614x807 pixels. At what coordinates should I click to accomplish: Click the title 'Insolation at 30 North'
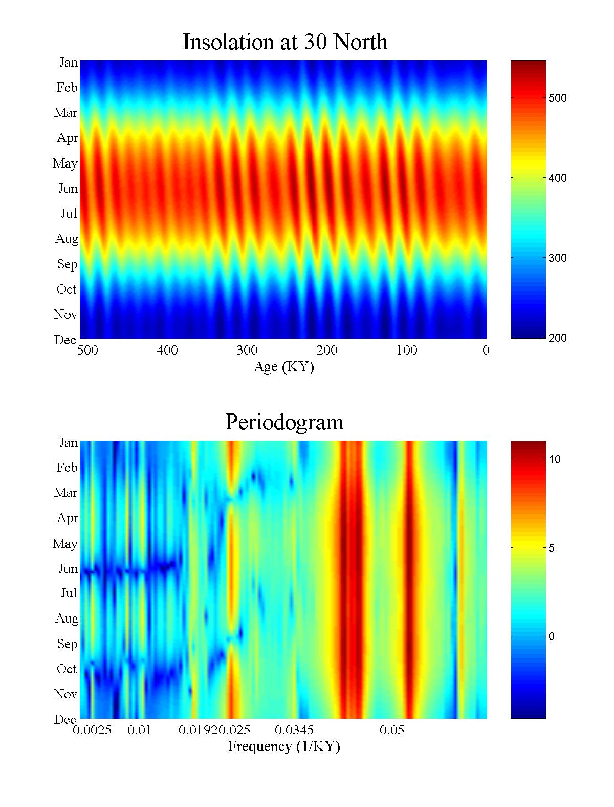[x=284, y=42]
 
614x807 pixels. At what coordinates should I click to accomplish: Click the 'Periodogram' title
[x=284, y=422]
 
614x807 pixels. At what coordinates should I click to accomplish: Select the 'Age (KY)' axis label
[x=283, y=367]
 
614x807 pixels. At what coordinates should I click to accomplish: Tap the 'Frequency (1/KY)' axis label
[x=283, y=747]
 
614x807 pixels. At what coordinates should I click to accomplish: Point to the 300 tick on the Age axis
[x=247, y=350]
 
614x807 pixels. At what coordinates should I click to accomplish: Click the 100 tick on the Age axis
[x=407, y=350]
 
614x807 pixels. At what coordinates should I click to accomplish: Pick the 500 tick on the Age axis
[x=87, y=350]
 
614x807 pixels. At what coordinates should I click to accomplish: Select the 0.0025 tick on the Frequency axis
[x=92, y=730]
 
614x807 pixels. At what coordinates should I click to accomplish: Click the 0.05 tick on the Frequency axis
[x=392, y=730]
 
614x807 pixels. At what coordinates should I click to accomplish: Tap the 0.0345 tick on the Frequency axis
[x=294, y=730]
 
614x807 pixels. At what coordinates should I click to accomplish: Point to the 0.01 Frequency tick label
[x=139, y=730]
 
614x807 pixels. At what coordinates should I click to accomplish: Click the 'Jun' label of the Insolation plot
[x=68, y=189]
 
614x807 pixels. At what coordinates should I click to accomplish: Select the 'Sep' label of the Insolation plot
[x=67, y=264]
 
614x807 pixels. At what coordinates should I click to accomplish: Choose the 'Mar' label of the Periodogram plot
[x=65, y=493]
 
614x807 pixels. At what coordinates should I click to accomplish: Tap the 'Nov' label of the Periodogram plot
[x=65, y=694]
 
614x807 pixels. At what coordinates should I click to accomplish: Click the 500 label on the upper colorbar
[x=557, y=98]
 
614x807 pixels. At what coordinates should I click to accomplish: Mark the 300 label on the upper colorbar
[x=557, y=258]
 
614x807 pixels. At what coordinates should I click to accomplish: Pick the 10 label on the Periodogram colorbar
[x=555, y=460]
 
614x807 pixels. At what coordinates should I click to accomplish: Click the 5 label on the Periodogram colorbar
[x=552, y=548]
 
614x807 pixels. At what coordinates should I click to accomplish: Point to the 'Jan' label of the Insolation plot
[x=69, y=63]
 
